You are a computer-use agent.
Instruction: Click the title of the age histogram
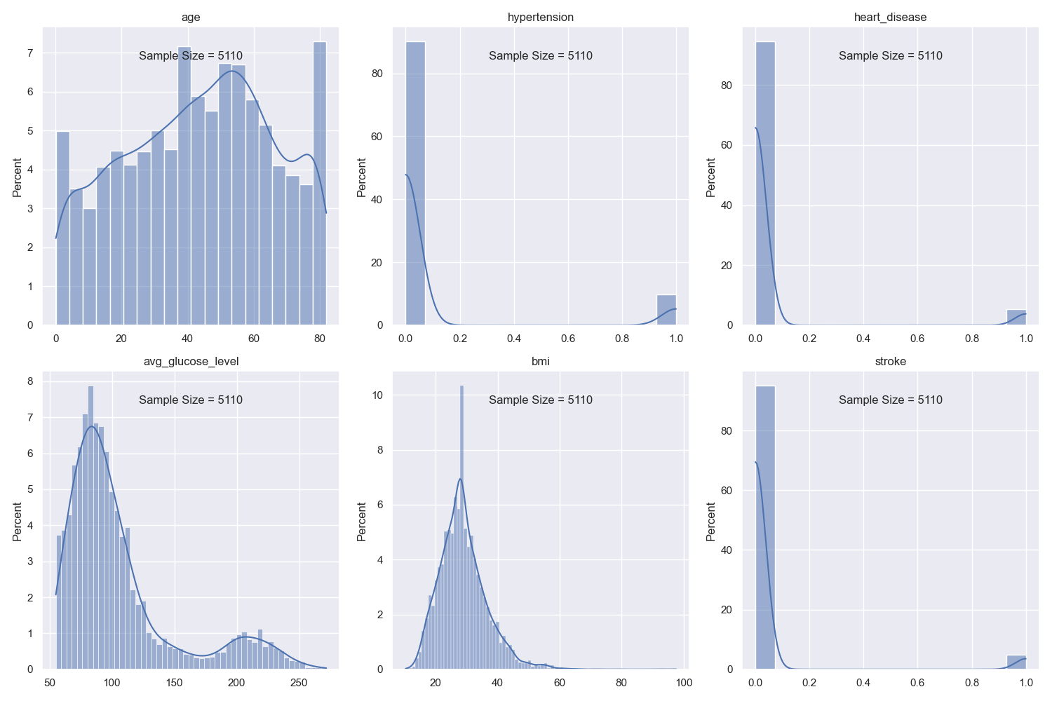click(191, 18)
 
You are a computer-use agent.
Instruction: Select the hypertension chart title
click(540, 18)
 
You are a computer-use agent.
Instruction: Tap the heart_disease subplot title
click(890, 18)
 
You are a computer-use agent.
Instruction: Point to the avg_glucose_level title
click(191, 362)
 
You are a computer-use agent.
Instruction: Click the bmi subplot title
click(540, 362)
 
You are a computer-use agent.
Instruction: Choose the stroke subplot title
click(890, 362)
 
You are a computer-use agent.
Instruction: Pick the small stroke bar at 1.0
click(1016, 663)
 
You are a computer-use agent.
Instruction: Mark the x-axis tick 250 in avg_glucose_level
click(299, 683)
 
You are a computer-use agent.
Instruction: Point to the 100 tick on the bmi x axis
click(684, 683)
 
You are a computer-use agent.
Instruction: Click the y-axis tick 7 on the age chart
click(30, 53)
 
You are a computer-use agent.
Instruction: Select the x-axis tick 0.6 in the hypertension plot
click(568, 339)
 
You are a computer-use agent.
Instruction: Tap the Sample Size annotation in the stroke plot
click(890, 400)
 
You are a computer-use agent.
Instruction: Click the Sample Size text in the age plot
click(191, 56)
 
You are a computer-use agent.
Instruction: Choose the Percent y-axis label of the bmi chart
click(362, 522)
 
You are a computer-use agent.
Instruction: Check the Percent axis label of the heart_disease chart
click(711, 177)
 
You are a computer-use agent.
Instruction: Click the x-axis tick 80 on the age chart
click(320, 339)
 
